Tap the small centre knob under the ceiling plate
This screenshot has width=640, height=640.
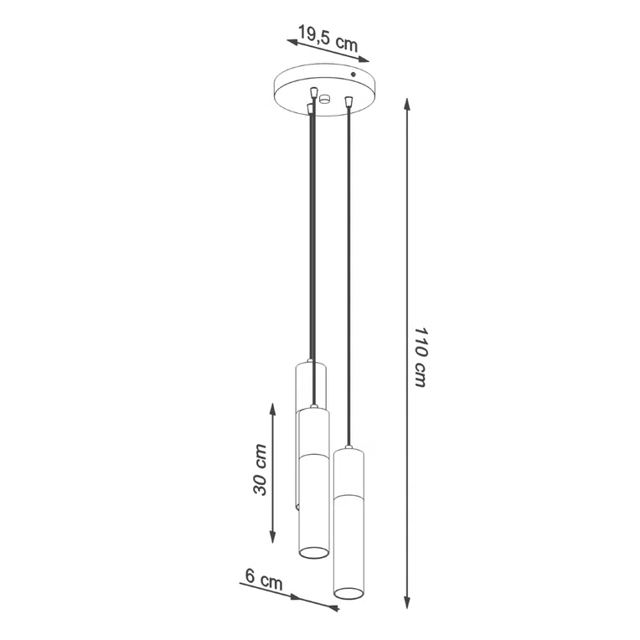tap(326, 100)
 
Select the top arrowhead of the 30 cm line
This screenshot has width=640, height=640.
tap(273, 408)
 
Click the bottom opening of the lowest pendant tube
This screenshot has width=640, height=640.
tap(348, 593)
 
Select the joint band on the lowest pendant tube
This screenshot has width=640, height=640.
tap(349, 496)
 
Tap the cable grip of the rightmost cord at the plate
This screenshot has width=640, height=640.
tap(348, 103)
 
